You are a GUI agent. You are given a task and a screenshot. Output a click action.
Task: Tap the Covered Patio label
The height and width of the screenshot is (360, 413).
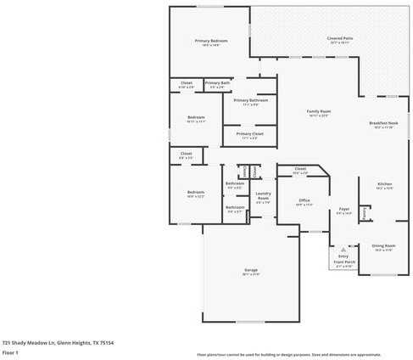(340, 38)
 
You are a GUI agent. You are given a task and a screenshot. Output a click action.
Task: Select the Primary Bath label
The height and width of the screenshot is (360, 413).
(216, 82)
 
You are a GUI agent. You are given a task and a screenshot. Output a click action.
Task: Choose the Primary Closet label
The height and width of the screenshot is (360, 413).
(250, 133)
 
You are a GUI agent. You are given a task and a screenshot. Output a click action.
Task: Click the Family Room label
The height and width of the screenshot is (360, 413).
(319, 112)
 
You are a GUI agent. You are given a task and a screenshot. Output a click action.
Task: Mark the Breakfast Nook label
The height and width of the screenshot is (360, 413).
(383, 123)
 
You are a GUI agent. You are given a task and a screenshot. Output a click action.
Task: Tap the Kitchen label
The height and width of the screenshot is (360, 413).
(385, 183)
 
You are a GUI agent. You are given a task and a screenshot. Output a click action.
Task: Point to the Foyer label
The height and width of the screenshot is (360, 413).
(344, 209)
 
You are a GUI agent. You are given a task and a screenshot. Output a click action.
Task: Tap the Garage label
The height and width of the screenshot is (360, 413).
(251, 271)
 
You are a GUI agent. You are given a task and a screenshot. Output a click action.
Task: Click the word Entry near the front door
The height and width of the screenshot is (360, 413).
(343, 256)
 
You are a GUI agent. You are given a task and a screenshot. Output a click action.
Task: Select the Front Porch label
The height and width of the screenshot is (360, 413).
(343, 262)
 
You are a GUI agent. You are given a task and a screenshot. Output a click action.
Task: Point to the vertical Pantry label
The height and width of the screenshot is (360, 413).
(364, 214)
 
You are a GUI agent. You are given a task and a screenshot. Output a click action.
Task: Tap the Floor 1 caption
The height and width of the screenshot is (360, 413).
(11, 352)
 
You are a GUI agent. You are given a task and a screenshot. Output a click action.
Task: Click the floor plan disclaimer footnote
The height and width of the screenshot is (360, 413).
(288, 354)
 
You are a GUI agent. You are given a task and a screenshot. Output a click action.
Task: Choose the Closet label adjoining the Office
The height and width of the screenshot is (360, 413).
(300, 169)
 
